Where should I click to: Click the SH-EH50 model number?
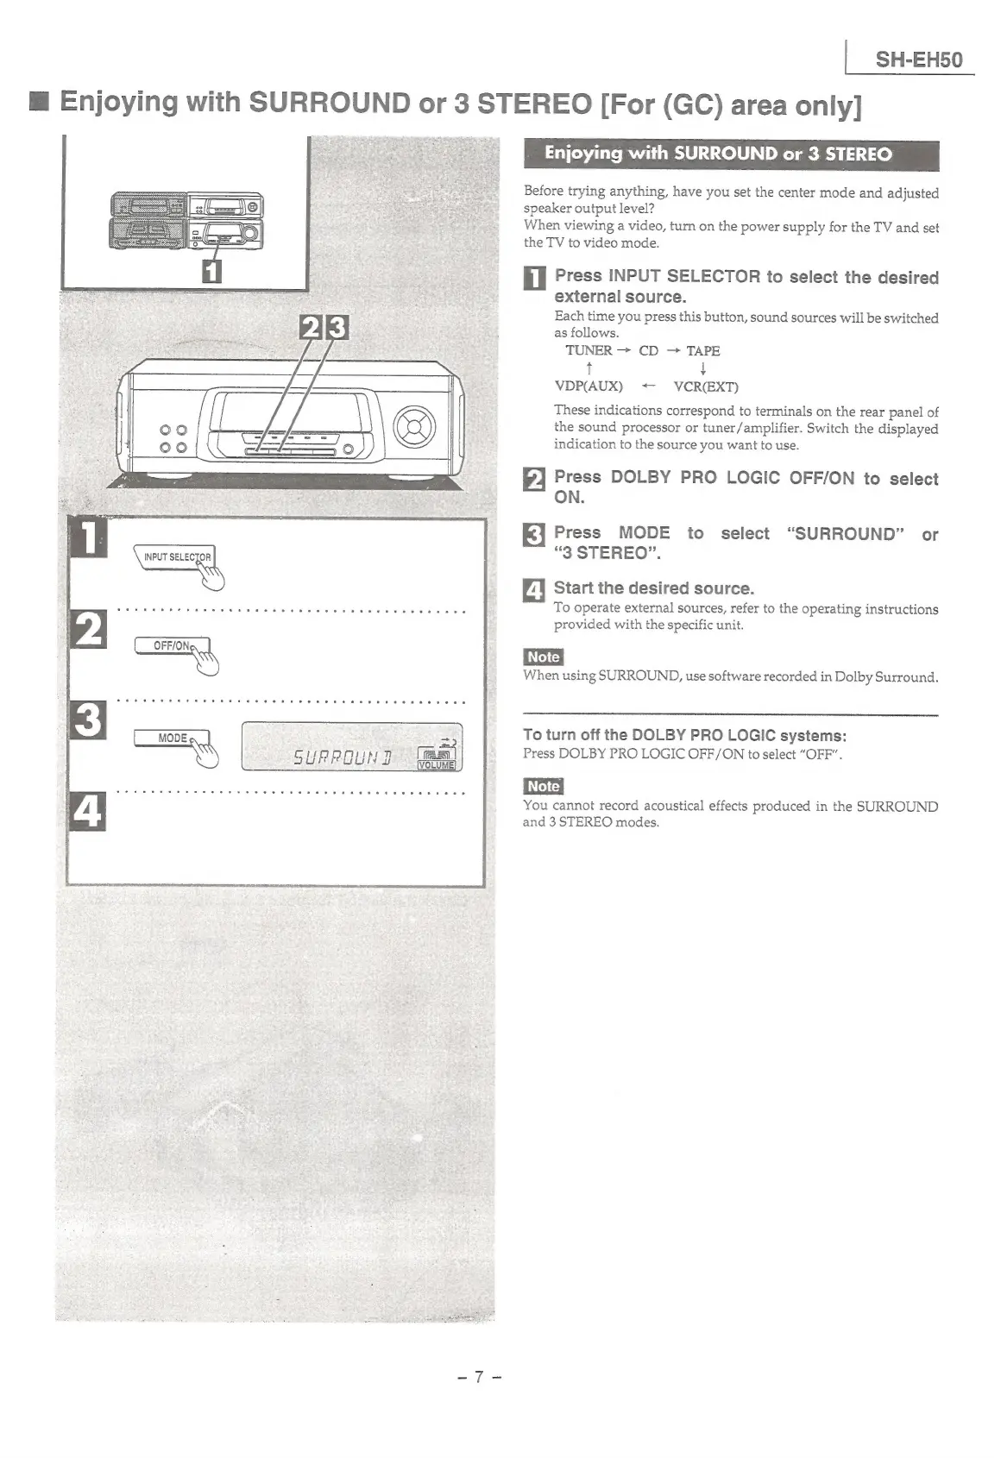(x=918, y=60)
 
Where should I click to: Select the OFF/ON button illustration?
(x=172, y=646)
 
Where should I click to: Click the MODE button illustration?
(x=172, y=738)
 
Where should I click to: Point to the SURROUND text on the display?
(x=342, y=758)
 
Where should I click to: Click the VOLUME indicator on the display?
(x=437, y=764)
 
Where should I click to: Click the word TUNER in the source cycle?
(x=589, y=350)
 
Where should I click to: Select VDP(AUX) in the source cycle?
(x=589, y=386)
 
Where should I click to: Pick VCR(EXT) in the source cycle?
(x=705, y=386)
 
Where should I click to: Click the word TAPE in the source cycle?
(x=702, y=350)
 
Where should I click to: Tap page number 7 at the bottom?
(x=480, y=1377)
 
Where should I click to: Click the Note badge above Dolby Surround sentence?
(x=544, y=657)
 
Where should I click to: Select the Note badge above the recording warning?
(x=544, y=786)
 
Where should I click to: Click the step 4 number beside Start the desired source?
(x=534, y=591)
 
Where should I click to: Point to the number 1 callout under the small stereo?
(x=211, y=272)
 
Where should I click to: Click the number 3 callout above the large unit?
(x=337, y=329)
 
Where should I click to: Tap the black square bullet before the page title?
(x=38, y=104)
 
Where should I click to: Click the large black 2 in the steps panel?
(x=87, y=628)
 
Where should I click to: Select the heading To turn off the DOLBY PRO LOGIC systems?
(x=684, y=736)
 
